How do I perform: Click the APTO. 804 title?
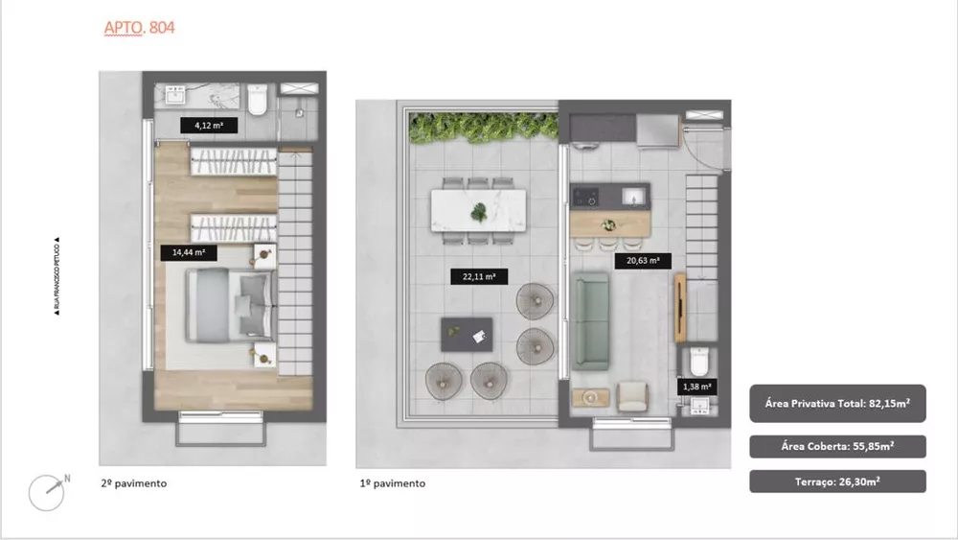coord(139,28)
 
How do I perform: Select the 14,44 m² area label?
coord(189,253)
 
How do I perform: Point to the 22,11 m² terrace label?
coord(478,277)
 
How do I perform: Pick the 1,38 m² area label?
coord(696,387)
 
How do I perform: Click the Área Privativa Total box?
coord(837,404)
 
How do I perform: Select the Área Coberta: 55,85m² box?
coord(837,446)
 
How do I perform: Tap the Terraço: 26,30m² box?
coord(837,481)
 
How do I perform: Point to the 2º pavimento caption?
coord(133,483)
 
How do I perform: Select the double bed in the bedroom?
coord(230,304)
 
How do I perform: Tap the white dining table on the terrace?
coord(478,211)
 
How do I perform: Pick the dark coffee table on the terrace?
coord(466,335)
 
